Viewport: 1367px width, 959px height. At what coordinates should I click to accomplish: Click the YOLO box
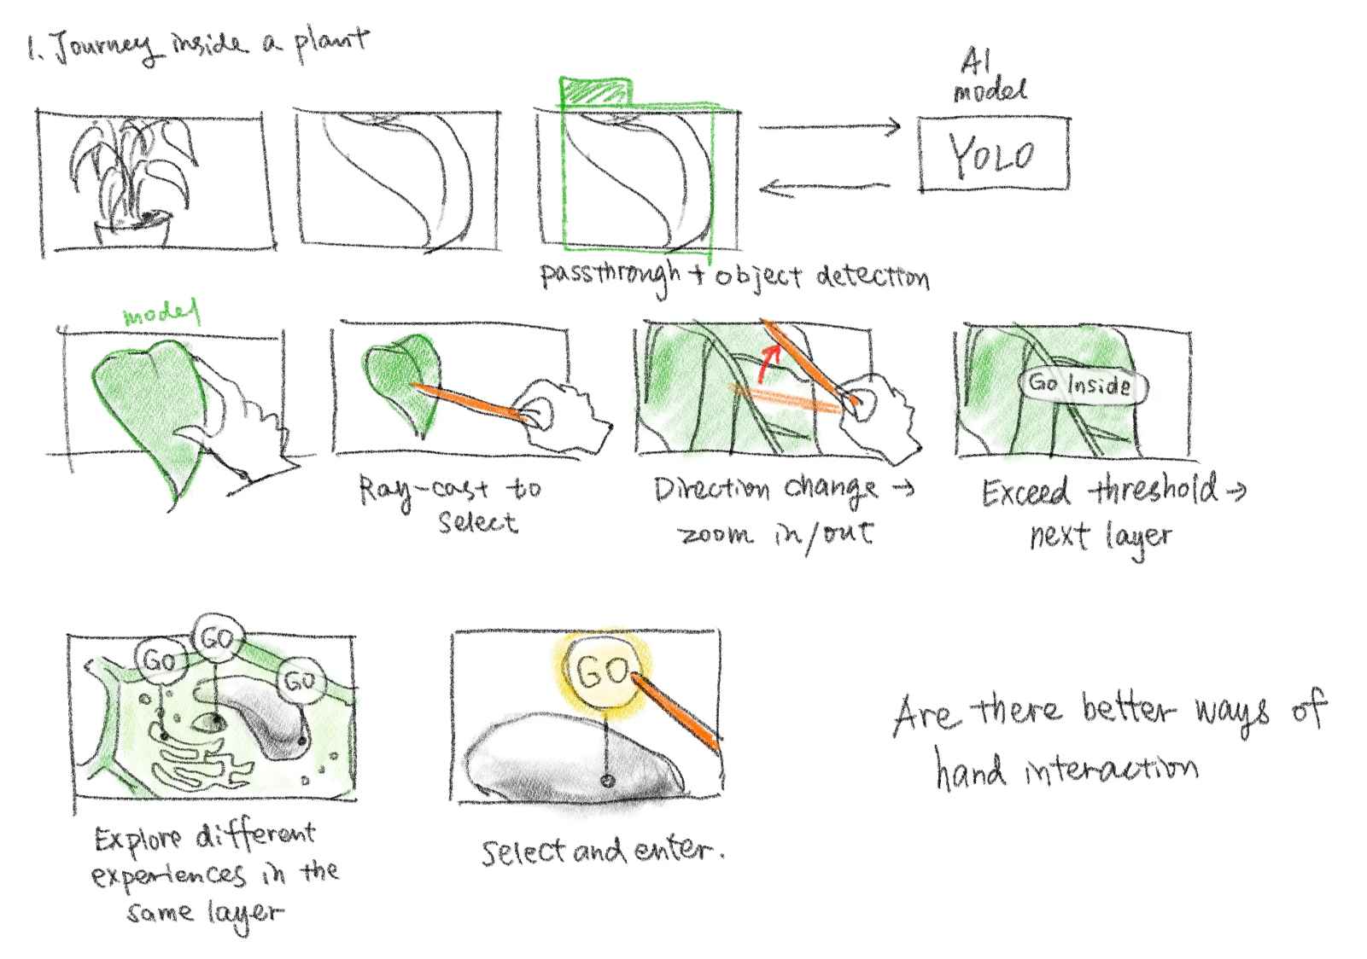click(x=994, y=154)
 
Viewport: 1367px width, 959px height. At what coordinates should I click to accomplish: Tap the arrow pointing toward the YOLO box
click(x=830, y=127)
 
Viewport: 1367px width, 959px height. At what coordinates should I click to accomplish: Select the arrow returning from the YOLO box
click(x=824, y=187)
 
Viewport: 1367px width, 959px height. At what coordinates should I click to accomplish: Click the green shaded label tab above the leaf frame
click(x=596, y=91)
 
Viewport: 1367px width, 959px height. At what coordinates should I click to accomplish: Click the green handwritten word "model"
click(x=161, y=313)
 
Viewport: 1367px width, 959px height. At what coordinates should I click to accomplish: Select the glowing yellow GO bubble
click(x=602, y=671)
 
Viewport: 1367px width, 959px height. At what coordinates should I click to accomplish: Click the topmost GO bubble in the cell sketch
click(x=217, y=638)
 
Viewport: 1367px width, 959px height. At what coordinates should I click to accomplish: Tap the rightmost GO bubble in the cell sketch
click(x=301, y=680)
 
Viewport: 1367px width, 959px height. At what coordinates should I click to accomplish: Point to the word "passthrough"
click(x=610, y=276)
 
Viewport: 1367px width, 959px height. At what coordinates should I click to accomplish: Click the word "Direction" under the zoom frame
click(x=713, y=490)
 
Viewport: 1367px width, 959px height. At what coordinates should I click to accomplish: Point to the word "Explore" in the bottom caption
click(x=138, y=839)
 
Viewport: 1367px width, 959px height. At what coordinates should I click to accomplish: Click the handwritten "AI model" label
click(x=990, y=75)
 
